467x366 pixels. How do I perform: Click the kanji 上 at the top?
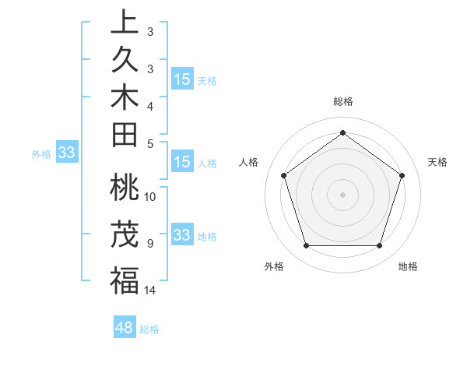[x=124, y=22]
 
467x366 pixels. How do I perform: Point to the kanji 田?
[x=124, y=136]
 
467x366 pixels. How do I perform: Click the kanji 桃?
[x=124, y=189]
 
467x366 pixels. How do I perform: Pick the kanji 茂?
[x=124, y=234]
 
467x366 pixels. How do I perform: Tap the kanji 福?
[x=124, y=280]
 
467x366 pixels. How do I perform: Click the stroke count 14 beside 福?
[x=150, y=290]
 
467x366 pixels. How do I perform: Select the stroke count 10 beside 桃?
[x=150, y=196]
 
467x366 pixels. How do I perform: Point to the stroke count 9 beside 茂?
[x=150, y=243]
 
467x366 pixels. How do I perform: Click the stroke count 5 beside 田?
[x=150, y=143]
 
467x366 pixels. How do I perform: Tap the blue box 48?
[x=124, y=328]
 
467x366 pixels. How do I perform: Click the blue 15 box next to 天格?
[x=182, y=79]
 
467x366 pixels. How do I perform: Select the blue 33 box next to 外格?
[x=67, y=153]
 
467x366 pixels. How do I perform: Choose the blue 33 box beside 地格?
[x=182, y=235]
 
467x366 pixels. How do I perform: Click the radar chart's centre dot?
[x=342, y=194]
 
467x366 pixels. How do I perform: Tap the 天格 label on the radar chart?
[x=437, y=162]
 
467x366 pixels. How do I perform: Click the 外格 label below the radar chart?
[x=274, y=266]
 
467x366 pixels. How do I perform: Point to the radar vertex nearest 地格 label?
[x=379, y=246]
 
